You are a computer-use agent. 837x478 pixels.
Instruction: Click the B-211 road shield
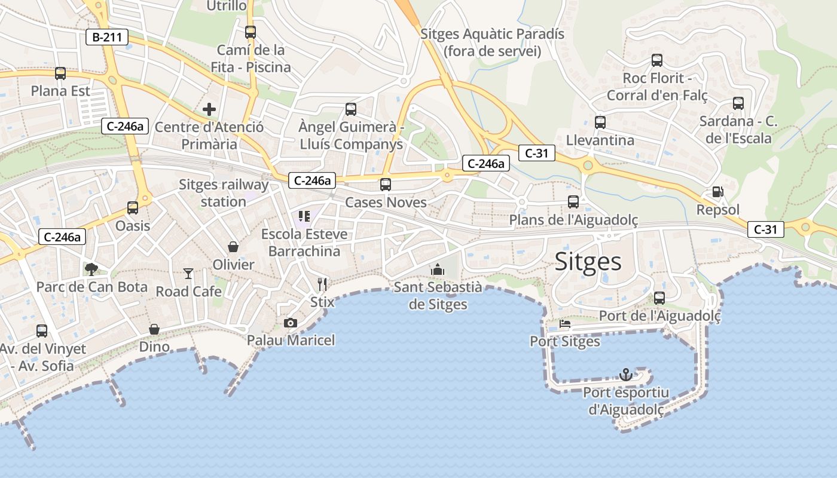pyautogui.click(x=107, y=38)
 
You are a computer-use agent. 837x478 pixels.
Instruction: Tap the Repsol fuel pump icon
pyautogui.click(x=717, y=192)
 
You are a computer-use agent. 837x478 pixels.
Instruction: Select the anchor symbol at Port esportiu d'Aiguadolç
pyautogui.click(x=626, y=375)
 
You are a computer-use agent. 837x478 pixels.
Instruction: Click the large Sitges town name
pyautogui.click(x=588, y=262)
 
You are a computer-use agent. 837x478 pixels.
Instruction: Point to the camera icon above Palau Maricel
pyautogui.click(x=291, y=323)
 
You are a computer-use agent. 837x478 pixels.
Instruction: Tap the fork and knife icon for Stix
pyautogui.click(x=322, y=284)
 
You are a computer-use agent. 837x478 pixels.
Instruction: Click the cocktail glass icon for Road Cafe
pyautogui.click(x=188, y=274)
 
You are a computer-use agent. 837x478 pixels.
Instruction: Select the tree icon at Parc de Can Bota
pyautogui.click(x=91, y=269)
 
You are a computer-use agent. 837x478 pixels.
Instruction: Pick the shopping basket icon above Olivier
pyautogui.click(x=233, y=246)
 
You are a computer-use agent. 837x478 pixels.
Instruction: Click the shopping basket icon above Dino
pyautogui.click(x=154, y=329)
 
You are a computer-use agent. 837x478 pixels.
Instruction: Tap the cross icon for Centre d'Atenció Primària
pyautogui.click(x=209, y=109)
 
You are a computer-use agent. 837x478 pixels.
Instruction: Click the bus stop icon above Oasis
pyautogui.click(x=133, y=208)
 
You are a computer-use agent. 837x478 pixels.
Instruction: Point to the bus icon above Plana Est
pyautogui.click(x=60, y=73)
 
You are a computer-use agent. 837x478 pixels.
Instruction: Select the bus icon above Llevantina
pyautogui.click(x=600, y=122)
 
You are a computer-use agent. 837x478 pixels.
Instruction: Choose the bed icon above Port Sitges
pyautogui.click(x=565, y=324)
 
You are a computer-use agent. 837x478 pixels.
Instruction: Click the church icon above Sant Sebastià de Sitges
pyautogui.click(x=438, y=269)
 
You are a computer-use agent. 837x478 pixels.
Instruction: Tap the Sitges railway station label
pyautogui.click(x=224, y=193)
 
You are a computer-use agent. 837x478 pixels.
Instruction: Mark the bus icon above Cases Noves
pyautogui.click(x=386, y=185)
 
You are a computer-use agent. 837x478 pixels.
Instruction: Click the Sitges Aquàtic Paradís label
pyautogui.click(x=492, y=42)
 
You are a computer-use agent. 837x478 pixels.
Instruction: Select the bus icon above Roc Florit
pyautogui.click(x=657, y=60)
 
